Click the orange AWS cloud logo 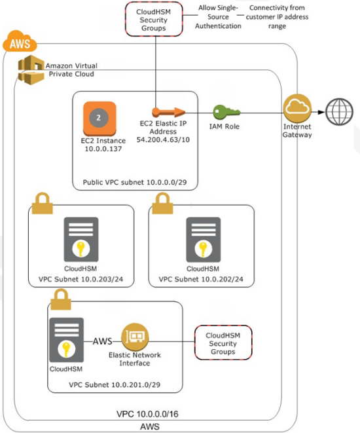tap(20, 41)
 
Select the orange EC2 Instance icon tap(99, 119)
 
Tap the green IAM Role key tap(226, 112)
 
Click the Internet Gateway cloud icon tap(297, 108)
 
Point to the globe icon tap(339, 112)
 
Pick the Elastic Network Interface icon tap(135, 337)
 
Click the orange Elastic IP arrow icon tap(168, 112)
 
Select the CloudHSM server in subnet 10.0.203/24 tap(81, 239)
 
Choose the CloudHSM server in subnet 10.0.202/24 tap(204, 239)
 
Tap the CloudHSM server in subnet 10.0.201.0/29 tap(67, 340)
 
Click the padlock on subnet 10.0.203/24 tap(42, 203)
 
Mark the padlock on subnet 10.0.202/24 tap(162, 203)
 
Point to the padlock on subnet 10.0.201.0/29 tap(61, 299)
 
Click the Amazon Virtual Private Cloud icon tap(31, 69)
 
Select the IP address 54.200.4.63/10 tap(163, 140)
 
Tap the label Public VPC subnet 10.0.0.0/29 tap(135, 182)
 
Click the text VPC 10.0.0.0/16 tap(147, 414)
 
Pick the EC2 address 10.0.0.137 tap(103, 149)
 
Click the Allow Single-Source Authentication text tap(218, 17)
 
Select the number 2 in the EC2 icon tap(98, 118)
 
